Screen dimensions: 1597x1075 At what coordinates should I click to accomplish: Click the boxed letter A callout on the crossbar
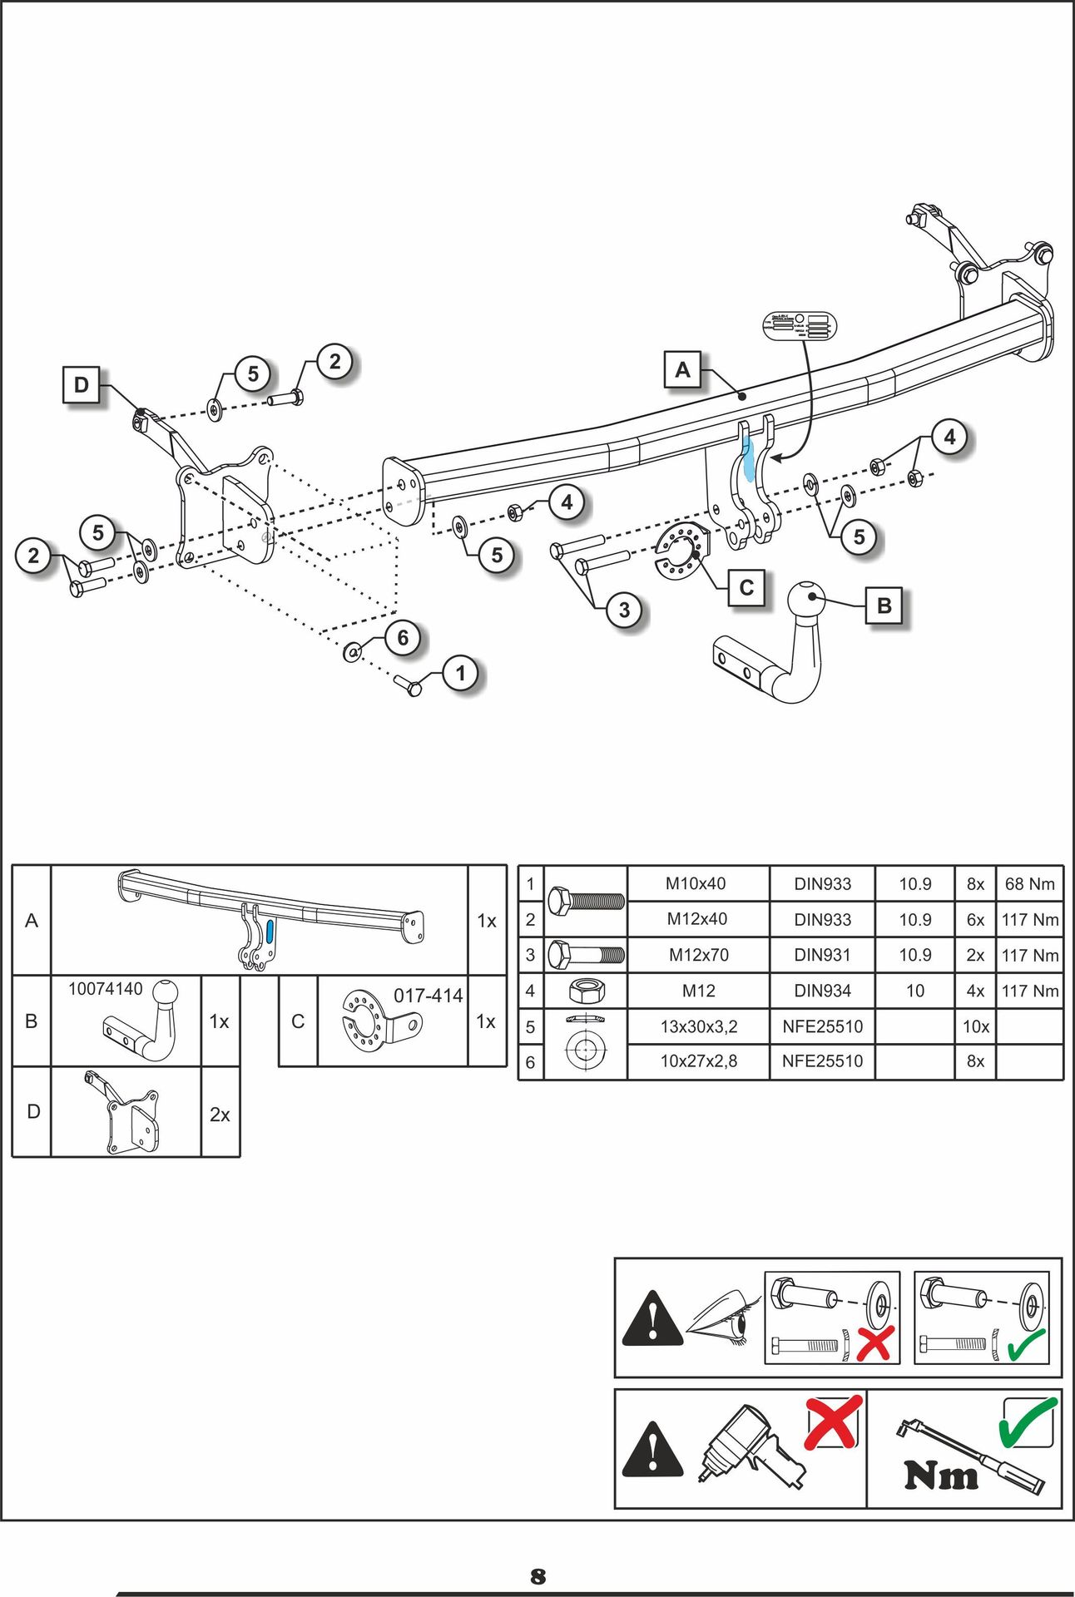[682, 370]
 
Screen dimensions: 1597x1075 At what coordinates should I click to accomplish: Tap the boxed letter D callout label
[82, 385]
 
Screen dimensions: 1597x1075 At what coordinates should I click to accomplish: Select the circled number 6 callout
[403, 638]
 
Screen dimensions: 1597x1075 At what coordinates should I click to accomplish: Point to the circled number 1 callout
[461, 673]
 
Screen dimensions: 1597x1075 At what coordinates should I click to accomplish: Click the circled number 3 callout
[624, 611]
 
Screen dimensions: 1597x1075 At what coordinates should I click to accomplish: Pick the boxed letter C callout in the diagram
[746, 588]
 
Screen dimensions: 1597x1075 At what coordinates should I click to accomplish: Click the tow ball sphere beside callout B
[806, 599]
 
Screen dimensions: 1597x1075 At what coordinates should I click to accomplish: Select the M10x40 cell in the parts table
[696, 883]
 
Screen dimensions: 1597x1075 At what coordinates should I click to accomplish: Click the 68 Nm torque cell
[1029, 883]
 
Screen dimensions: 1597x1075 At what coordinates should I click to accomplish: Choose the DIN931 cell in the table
[822, 955]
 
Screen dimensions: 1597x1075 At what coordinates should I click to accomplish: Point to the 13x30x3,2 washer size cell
[698, 1026]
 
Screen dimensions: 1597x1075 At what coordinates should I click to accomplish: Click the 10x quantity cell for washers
[975, 1026]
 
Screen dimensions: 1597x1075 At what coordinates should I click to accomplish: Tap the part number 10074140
[106, 989]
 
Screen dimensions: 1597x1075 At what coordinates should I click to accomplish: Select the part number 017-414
[428, 996]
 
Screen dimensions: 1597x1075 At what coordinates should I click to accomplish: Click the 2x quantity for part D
[220, 1115]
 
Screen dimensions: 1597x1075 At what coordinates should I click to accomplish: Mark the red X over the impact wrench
[833, 1421]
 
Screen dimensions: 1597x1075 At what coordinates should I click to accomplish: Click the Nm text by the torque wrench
[941, 1476]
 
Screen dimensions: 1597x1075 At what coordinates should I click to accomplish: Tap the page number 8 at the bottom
[538, 1576]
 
